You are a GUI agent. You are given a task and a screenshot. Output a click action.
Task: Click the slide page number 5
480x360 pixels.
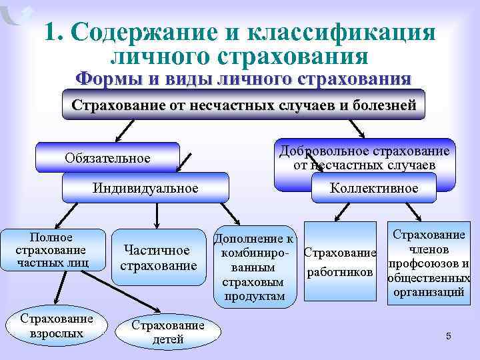449,336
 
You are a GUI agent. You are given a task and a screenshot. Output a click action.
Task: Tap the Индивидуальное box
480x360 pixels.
145,187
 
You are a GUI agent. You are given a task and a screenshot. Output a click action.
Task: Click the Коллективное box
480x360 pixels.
374,187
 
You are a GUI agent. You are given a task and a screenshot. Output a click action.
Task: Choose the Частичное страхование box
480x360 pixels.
159,257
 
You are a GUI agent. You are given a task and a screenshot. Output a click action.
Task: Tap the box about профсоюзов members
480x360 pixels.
429,263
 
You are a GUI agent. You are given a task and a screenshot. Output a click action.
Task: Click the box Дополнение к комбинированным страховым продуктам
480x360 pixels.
255,267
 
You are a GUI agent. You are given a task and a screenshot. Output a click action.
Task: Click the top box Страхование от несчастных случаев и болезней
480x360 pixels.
243,105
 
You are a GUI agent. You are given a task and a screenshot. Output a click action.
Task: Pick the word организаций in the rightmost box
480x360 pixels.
429,291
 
